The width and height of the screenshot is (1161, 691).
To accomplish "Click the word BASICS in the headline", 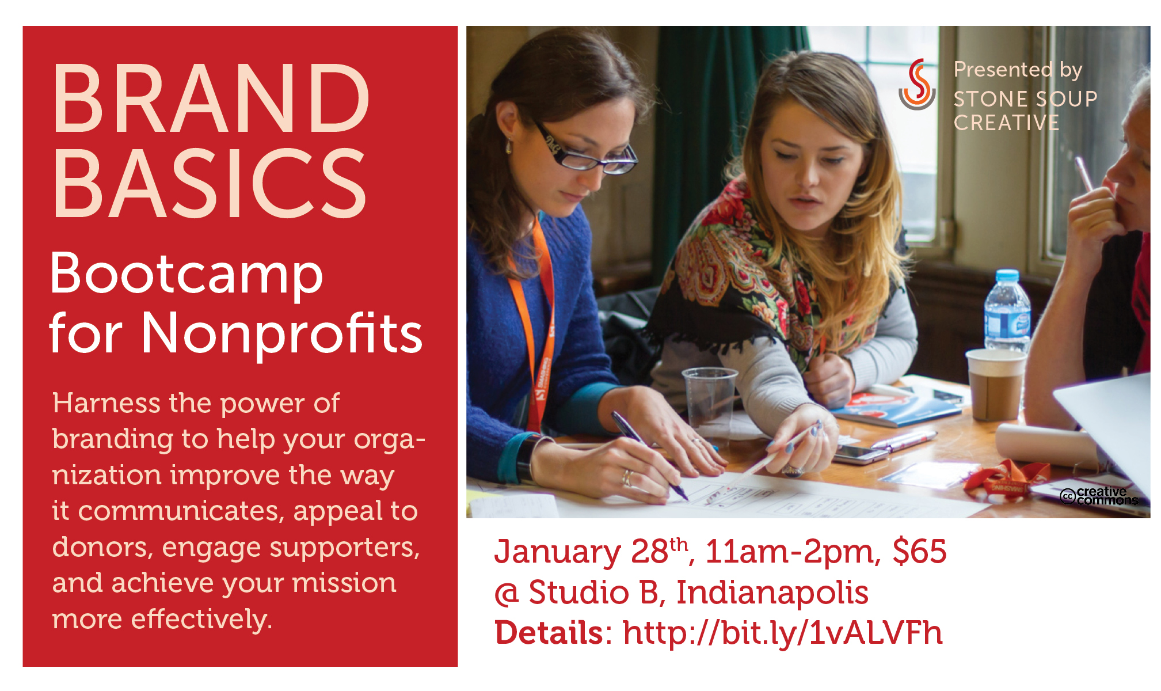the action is coord(210,183).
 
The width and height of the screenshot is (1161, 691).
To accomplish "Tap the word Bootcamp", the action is coord(186,275).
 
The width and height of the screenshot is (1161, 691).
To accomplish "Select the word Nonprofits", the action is coord(281,333).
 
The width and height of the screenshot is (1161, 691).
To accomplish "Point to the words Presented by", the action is coord(1018,70).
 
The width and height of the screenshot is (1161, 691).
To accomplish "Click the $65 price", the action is coord(919,551).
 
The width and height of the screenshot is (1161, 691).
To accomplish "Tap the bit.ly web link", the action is coord(783,633).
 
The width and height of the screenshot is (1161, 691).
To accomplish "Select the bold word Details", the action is coord(549,632).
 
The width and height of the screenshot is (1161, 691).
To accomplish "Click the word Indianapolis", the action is coord(772,593).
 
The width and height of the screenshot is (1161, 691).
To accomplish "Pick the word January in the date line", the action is coord(557,552).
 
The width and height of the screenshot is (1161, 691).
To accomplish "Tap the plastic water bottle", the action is coord(1007,312).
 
